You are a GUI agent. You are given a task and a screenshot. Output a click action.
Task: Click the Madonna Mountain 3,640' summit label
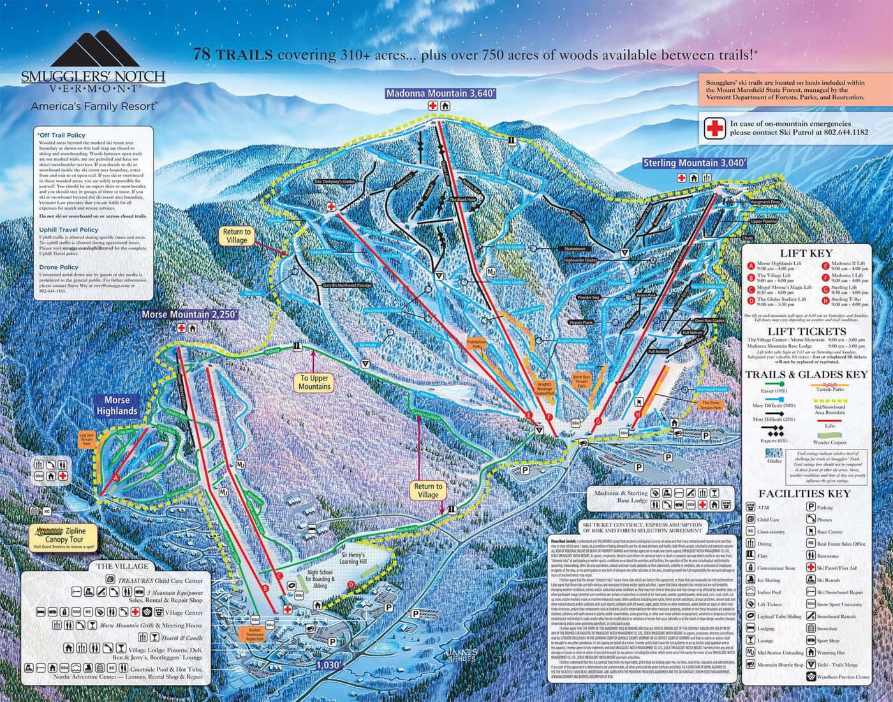440,94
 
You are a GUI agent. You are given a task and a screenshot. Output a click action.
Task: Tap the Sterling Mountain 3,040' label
694,163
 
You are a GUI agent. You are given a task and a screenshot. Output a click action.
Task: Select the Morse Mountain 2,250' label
189,314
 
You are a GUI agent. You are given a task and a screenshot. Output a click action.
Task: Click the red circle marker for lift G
598,421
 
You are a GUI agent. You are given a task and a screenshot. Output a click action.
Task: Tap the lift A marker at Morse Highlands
115,476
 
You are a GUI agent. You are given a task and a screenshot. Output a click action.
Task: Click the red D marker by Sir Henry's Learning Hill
350,584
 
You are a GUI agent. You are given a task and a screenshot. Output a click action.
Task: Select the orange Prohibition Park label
476,345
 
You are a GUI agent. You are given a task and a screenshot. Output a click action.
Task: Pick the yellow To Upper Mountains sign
314,382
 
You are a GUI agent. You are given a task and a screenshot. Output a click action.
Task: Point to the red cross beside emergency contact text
714,128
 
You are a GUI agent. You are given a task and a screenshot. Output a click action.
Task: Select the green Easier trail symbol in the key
774,384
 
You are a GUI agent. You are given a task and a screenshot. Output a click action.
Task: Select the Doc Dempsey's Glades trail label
334,182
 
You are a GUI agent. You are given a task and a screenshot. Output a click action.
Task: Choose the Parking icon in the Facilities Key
811,507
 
